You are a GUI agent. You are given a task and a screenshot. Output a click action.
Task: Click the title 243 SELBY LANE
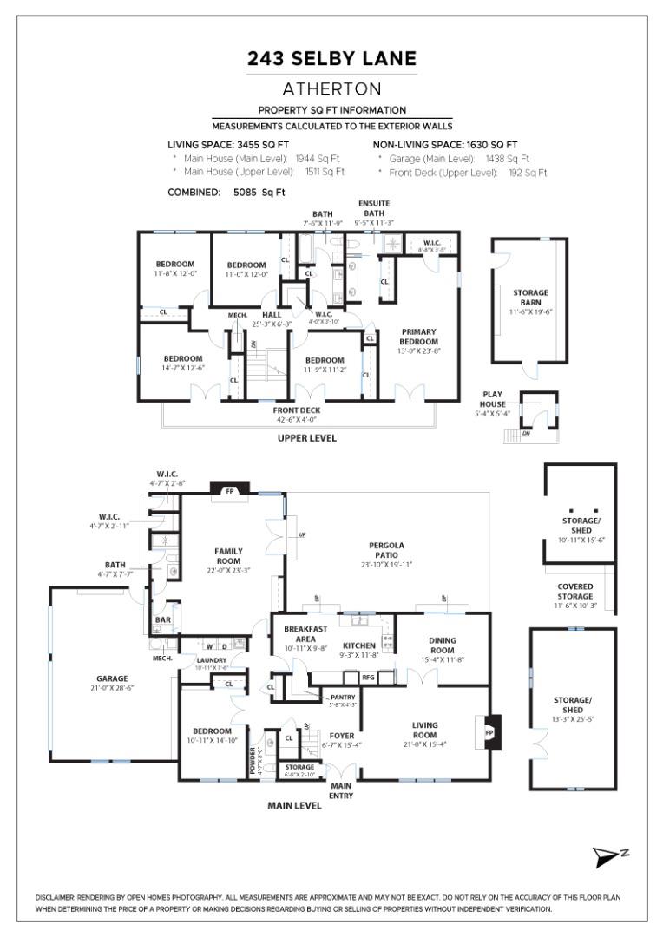pos(331,59)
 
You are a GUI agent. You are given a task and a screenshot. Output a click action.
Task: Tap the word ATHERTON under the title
pos(331,88)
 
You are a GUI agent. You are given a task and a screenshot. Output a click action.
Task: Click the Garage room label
pos(112,678)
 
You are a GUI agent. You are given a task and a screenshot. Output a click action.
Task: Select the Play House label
pos(493,399)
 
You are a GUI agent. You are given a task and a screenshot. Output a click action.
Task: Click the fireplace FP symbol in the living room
pos(489,731)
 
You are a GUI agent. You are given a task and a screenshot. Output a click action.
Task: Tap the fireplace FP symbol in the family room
pos(231,490)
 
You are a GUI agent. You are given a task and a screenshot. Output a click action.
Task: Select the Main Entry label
pos(340,790)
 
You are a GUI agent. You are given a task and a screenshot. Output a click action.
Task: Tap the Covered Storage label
pos(574,592)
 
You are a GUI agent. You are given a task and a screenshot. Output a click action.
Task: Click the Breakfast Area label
pos(299,633)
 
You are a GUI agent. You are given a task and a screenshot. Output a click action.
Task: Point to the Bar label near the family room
pos(162,620)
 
